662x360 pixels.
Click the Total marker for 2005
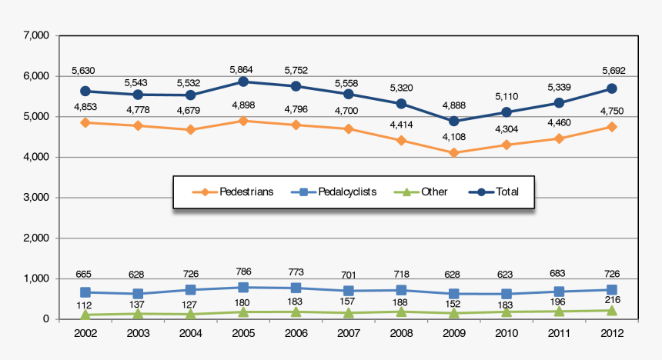(243, 82)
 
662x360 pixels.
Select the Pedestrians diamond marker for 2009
(453, 153)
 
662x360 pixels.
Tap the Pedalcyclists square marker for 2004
(190, 290)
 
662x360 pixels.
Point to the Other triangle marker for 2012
(611, 311)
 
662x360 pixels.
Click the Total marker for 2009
(453, 122)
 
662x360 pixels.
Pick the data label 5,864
(243, 69)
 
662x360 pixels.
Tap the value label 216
(611, 299)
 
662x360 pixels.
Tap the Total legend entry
(497, 192)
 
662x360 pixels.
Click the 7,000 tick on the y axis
(36, 36)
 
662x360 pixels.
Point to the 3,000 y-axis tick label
(36, 198)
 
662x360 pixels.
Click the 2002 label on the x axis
(85, 334)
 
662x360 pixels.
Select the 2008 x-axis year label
(401, 334)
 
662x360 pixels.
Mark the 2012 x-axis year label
(611, 334)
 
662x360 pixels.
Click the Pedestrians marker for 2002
(85, 122)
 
